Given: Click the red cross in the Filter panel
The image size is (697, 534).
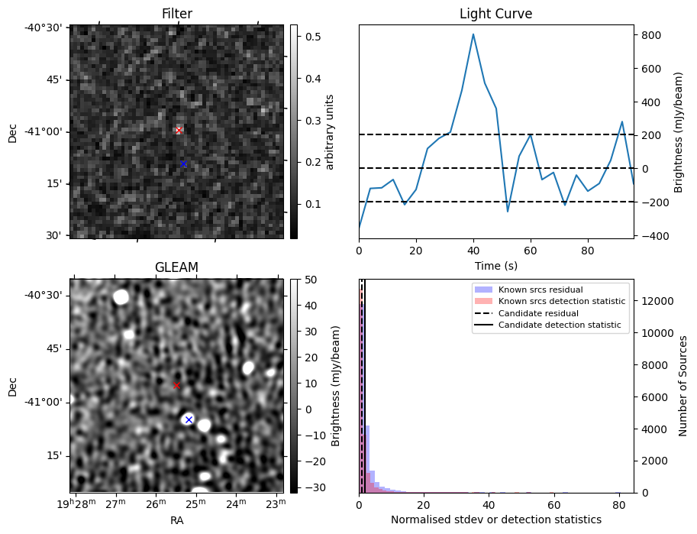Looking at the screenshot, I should tap(179, 131).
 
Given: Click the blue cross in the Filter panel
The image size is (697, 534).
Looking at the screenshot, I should tap(183, 163).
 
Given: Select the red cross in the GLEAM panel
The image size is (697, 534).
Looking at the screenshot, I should tap(176, 385).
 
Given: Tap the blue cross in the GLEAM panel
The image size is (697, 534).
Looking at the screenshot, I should tap(189, 419).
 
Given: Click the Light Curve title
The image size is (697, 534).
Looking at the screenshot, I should tap(495, 14).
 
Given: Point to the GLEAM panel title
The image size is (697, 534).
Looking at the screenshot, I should tap(176, 267).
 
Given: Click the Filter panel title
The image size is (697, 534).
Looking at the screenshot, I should tap(176, 14).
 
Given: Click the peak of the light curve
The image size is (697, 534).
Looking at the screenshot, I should tap(473, 34).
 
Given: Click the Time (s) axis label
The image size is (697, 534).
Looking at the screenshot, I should tap(495, 266).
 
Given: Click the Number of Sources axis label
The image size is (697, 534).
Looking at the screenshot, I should tap(684, 386).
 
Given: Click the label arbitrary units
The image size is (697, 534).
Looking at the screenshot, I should tap(331, 131).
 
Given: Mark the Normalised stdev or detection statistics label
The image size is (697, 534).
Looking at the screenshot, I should tap(495, 519).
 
